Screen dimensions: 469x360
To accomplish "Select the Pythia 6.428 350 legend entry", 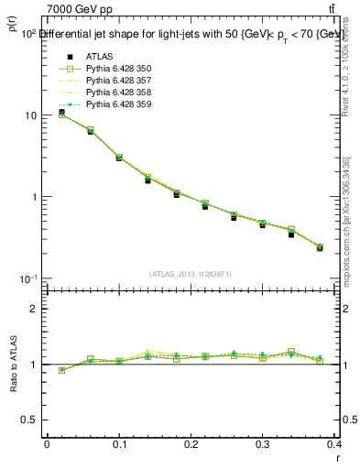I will coord(114,68).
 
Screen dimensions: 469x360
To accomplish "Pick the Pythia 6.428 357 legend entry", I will coord(114,80).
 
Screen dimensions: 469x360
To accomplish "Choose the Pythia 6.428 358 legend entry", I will coord(114,92).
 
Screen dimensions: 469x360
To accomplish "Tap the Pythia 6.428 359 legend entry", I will coord(114,104).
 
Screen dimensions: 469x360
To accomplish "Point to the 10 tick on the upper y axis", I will coord(30,115).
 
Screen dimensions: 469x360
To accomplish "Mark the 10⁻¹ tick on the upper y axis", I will coord(27,278).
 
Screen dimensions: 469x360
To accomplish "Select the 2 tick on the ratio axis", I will coord(34,309).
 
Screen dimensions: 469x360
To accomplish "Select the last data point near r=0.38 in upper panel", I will coord(320,247).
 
